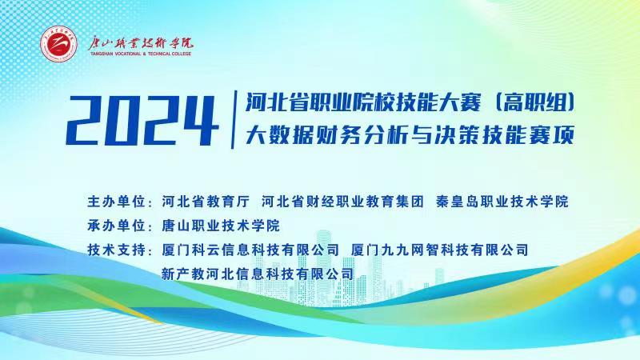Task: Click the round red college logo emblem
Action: [58, 44]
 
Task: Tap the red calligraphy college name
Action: [141, 43]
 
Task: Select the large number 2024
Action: [142, 121]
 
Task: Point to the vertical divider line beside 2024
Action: [234, 119]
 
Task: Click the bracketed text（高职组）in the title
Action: [534, 103]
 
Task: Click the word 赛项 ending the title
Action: [551, 135]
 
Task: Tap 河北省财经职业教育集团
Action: [342, 202]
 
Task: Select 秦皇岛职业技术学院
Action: [502, 202]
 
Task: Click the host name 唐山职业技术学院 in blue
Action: [221, 226]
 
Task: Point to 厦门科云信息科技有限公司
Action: [250, 250]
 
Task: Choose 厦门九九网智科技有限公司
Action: [439, 250]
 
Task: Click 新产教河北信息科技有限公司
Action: [258, 274]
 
